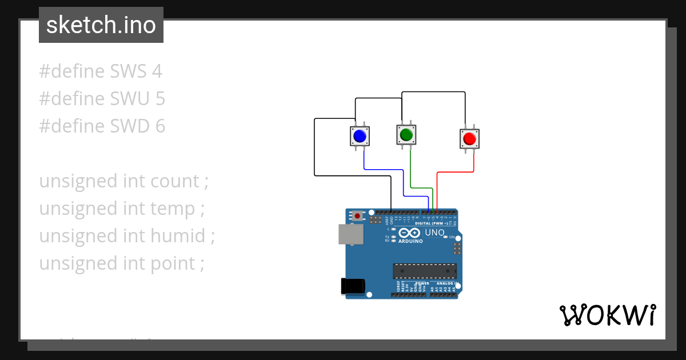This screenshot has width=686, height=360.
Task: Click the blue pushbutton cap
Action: pyautogui.click(x=360, y=136)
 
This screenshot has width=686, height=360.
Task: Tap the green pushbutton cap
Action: pyautogui.click(x=406, y=135)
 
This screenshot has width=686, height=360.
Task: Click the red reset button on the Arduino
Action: pyautogui.click(x=358, y=216)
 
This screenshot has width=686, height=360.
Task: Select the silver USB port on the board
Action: pyautogui.click(x=350, y=234)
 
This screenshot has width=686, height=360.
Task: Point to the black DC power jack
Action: pyautogui.click(x=352, y=286)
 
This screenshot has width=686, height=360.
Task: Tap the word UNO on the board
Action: pyautogui.click(x=434, y=233)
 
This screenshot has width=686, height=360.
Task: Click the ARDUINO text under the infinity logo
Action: pyautogui.click(x=410, y=241)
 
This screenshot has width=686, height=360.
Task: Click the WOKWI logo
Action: pyautogui.click(x=608, y=315)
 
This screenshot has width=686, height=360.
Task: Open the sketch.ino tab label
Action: pyautogui.click(x=101, y=25)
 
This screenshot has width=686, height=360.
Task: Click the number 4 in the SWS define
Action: pyautogui.click(x=157, y=71)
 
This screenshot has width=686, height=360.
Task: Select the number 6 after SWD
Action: pyautogui.click(x=160, y=126)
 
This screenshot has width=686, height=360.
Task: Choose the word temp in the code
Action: pyautogui.click(x=173, y=209)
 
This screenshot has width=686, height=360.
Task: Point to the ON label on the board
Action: pyautogui.click(x=452, y=237)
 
